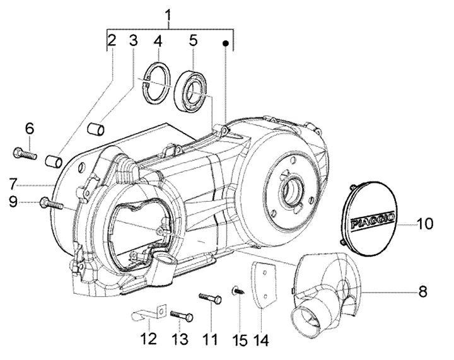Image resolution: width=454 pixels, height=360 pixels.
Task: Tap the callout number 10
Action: (x=424, y=223)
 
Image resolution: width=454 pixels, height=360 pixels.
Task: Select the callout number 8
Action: (x=423, y=291)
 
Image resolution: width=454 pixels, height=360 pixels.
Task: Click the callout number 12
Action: (x=148, y=339)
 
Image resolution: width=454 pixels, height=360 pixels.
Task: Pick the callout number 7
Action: (x=14, y=184)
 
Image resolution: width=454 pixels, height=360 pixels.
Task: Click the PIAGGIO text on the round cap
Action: (x=373, y=221)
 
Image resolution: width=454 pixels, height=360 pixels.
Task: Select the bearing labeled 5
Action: (x=191, y=90)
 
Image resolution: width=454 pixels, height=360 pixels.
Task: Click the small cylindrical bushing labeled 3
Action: (x=96, y=129)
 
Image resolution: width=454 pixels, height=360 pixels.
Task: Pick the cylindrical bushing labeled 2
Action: (x=54, y=161)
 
